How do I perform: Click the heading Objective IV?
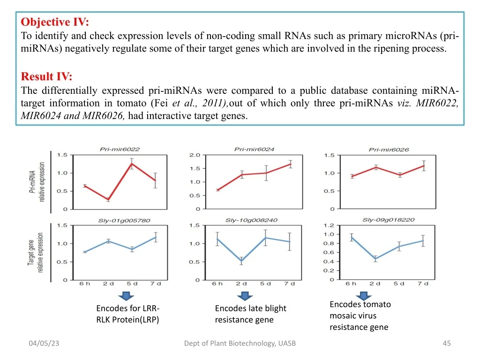click(55, 22)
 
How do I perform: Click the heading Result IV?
click(47, 76)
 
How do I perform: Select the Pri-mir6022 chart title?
click(120, 150)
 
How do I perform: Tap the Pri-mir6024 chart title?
click(254, 150)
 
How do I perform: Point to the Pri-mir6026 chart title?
click(389, 150)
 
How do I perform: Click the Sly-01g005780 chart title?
click(118, 220)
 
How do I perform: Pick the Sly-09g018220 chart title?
click(388, 220)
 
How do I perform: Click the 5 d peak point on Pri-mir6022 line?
click(132, 164)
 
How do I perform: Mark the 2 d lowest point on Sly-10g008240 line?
click(241, 261)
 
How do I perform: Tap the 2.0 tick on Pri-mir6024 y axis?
click(195, 155)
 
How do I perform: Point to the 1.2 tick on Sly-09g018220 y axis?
click(329, 225)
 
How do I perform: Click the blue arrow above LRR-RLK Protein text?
click(126, 296)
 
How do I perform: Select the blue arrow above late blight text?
click(244, 296)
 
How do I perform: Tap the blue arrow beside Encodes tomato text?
click(363, 296)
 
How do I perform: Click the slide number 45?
click(446, 344)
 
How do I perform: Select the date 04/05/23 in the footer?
click(44, 344)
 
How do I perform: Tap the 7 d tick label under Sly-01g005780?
click(156, 284)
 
